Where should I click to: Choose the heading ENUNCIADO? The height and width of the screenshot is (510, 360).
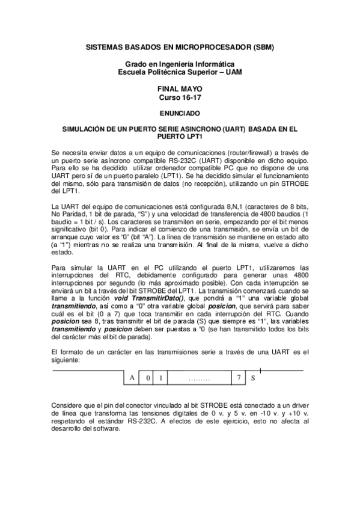click(179, 112)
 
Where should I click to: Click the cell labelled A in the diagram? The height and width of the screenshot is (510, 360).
click(132, 378)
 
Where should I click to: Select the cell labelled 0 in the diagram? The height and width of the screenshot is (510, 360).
click(147, 378)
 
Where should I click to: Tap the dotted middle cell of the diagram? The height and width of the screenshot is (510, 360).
click(198, 378)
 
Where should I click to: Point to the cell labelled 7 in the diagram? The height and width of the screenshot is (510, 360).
click(239, 378)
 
